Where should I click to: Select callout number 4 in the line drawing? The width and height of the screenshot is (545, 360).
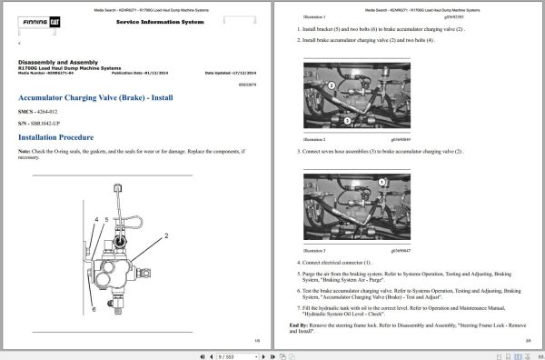tap(96, 220)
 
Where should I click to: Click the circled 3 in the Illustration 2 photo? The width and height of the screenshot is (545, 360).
tap(332, 85)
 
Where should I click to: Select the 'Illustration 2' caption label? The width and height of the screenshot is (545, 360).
tap(313, 139)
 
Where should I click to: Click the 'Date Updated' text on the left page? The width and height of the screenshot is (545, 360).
tap(231, 73)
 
